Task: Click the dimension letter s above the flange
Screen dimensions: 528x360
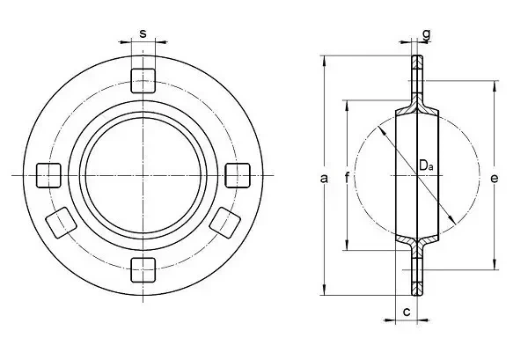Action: pyautogui.click(x=143, y=33)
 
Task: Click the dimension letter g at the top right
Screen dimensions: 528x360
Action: pyautogui.click(x=426, y=34)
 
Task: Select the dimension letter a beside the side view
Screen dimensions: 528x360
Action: pyautogui.click(x=324, y=178)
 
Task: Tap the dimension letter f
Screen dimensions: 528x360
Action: pyautogui.click(x=348, y=177)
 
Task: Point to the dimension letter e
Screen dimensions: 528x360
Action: pyautogui.click(x=494, y=178)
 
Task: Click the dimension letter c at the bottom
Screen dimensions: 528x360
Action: pyautogui.click(x=407, y=312)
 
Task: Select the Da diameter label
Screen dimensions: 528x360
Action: pyautogui.click(x=426, y=165)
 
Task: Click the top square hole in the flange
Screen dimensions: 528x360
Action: pyautogui.click(x=143, y=80)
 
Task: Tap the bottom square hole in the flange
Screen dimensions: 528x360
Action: pyautogui.click(x=143, y=269)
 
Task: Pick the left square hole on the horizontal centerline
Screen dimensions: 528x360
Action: pyautogui.click(x=48, y=175)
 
